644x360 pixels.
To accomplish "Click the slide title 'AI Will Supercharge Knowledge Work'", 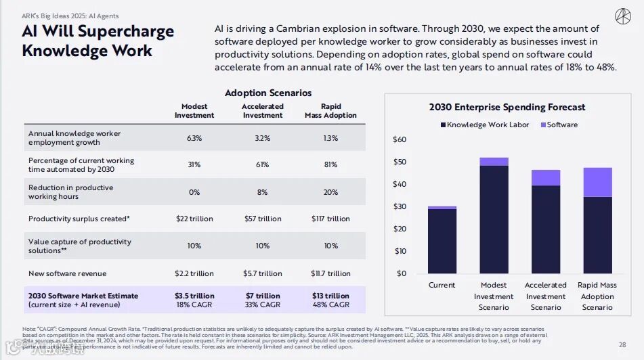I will pos(98,41).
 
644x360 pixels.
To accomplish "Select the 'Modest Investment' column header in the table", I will pos(194,111).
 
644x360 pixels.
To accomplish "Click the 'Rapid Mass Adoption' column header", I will pos(330,111).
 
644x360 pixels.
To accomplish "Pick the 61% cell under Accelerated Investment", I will pos(263,165).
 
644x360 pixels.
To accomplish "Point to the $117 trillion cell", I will pos(330,219).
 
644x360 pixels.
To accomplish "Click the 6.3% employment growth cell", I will pos(194,138).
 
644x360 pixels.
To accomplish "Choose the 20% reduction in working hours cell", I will pos(330,192).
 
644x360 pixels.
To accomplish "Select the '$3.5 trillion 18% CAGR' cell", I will pos(194,300).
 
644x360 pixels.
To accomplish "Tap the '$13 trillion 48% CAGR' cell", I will pos(330,300).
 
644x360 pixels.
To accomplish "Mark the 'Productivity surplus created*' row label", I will pos(79,219).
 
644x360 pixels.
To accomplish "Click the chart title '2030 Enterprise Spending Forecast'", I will pos(507,107).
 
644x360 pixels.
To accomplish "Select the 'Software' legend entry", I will pos(559,125).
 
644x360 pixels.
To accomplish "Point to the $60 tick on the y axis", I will pos(400,139).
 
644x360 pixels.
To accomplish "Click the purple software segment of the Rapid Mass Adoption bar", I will pos(597,182).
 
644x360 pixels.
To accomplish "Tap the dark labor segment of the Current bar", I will pos(442,241).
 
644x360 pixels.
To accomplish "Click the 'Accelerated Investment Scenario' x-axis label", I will pos(545,296).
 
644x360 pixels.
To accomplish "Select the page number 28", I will pos(622,345).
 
